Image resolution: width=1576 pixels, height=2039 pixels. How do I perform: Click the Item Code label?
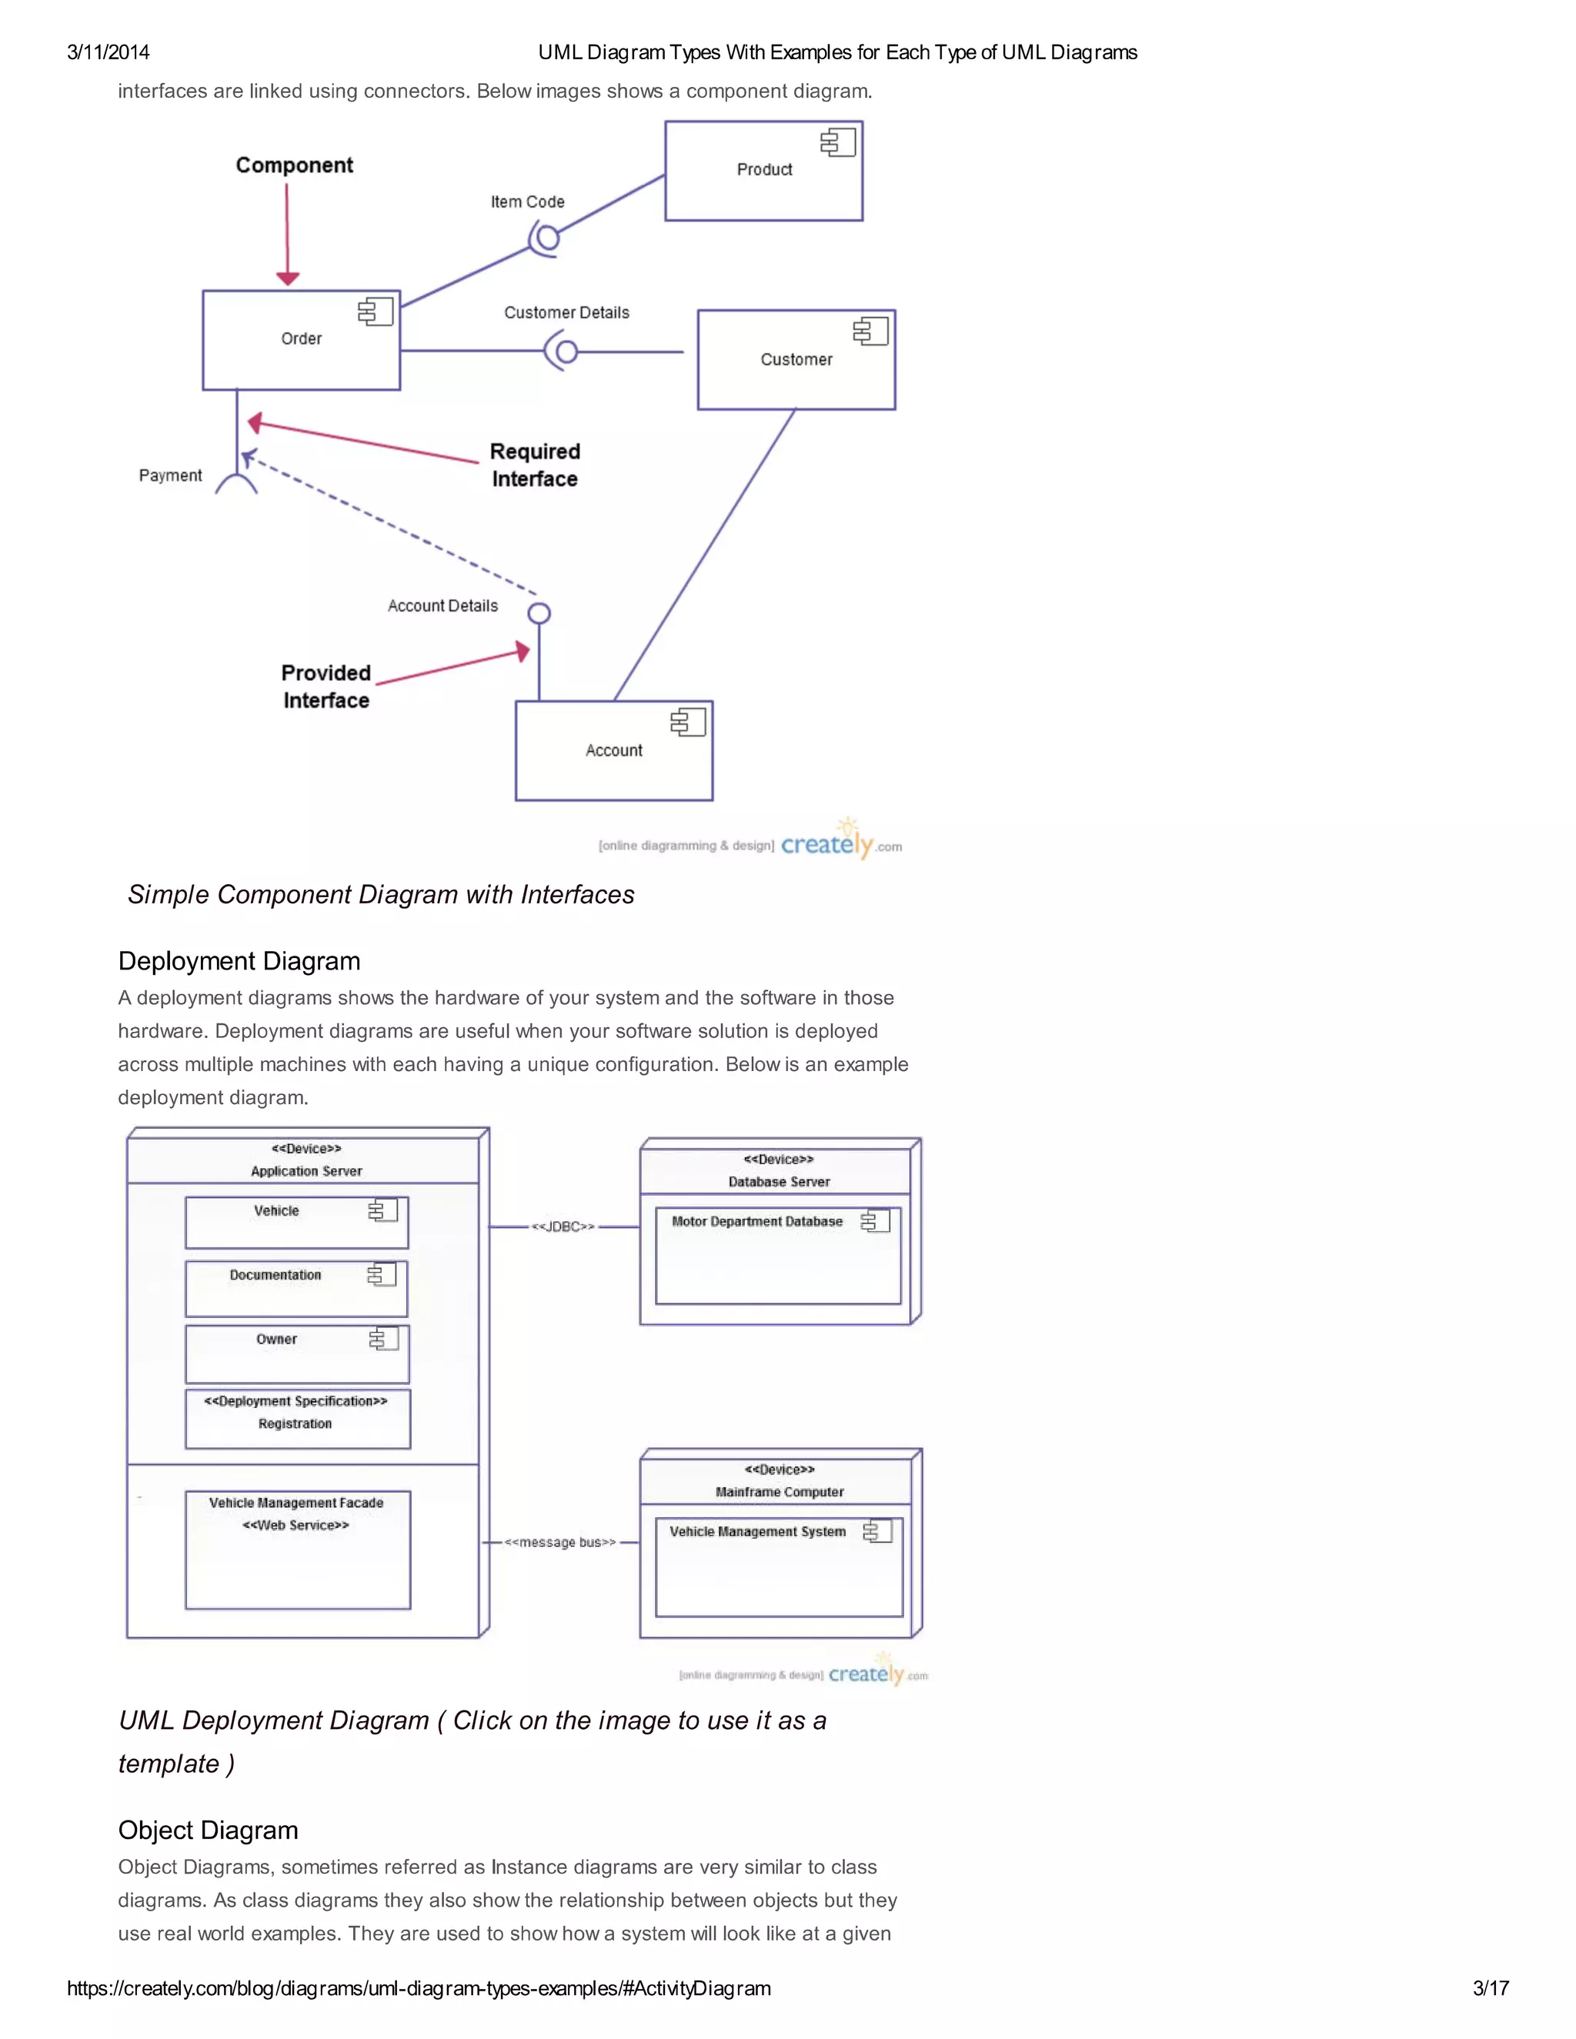click(x=527, y=202)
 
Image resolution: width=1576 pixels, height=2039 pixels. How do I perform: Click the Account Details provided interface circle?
click(x=539, y=613)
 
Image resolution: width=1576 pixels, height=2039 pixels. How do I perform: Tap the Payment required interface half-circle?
click(x=236, y=484)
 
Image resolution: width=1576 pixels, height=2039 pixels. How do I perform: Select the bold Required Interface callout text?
click(x=535, y=465)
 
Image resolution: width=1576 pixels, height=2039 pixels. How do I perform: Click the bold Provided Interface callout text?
click(x=326, y=686)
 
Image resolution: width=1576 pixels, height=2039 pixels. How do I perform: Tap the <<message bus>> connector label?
click(x=560, y=1542)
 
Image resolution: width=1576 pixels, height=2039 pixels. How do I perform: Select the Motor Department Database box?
click(x=778, y=1256)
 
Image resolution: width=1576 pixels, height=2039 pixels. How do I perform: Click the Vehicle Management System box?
click(x=779, y=1567)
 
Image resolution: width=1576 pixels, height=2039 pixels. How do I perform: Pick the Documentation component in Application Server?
click(x=296, y=1288)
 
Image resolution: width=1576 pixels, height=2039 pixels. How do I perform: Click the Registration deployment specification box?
click(x=297, y=1419)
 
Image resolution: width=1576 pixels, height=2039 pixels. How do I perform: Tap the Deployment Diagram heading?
click(x=239, y=961)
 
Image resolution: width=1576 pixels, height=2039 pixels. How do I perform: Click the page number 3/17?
click(x=1490, y=1987)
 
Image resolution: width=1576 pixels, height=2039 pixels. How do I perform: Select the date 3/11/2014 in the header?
click(x=109, y=52)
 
